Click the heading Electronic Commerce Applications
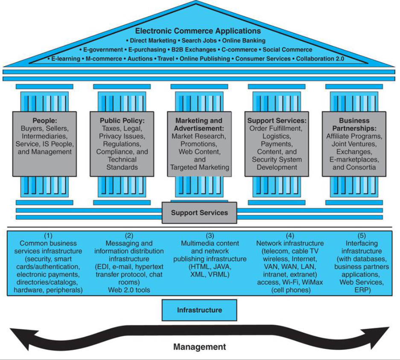pos(198,31)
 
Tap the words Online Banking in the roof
pos(244,41)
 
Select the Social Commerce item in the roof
pos(287,50)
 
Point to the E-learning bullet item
pos(66,59)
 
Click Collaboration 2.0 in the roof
pos(320,59)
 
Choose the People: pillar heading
pos(45,121)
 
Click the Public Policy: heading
pos(122,121)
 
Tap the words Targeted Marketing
pos(199,167)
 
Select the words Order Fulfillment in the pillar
pos(275,129)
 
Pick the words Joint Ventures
pos(354,144)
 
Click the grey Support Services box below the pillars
pos(199,213)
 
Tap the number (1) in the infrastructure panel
pos(48,235)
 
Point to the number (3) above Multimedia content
pos(210,235)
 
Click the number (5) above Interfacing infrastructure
pos(362,235)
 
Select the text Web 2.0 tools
pos(129,290)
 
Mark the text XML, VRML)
pos(210,275)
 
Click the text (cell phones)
pos(291,290)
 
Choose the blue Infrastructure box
pos(199,310)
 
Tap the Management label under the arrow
pos(199,347)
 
